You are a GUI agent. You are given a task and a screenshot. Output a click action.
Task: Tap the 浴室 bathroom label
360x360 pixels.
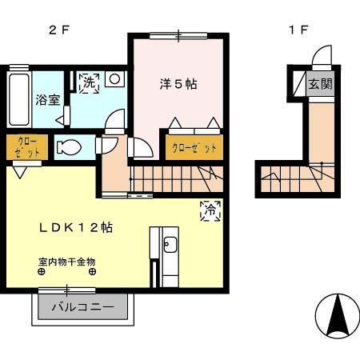(46, 102)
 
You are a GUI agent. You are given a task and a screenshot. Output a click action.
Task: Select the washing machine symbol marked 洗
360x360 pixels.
(89, 82)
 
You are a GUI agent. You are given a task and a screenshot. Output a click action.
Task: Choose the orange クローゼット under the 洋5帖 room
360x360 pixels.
(193, 148)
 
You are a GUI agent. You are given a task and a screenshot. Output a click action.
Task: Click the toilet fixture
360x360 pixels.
(68, 148)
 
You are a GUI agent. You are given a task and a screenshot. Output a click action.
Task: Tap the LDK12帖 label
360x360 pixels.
(77, 227)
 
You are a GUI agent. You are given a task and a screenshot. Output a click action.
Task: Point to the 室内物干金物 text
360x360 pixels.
(67, 261)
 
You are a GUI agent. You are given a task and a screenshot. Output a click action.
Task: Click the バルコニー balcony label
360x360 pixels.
(82, 306)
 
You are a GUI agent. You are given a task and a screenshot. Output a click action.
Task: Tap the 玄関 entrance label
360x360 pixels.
(322, 82)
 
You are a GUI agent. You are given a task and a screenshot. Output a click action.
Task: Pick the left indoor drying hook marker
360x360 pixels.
(42, 271)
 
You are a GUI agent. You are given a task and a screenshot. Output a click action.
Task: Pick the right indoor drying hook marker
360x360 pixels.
(93, 271)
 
